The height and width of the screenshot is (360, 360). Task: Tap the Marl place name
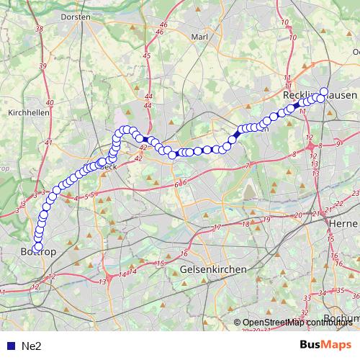pos(199,36)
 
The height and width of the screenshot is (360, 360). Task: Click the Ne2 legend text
pos(31,346)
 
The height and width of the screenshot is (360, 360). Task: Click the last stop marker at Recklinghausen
pos(323,92)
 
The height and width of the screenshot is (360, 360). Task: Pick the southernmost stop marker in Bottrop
pos(38,248)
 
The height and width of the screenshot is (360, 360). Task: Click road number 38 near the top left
pos(38,30)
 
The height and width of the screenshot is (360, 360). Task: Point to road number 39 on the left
pos(42,66)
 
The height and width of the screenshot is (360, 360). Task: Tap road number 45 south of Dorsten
pos(147,55)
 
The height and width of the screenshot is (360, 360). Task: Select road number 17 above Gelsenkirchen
pos(217,228)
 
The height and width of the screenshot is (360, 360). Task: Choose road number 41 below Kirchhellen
pos(48,143)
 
